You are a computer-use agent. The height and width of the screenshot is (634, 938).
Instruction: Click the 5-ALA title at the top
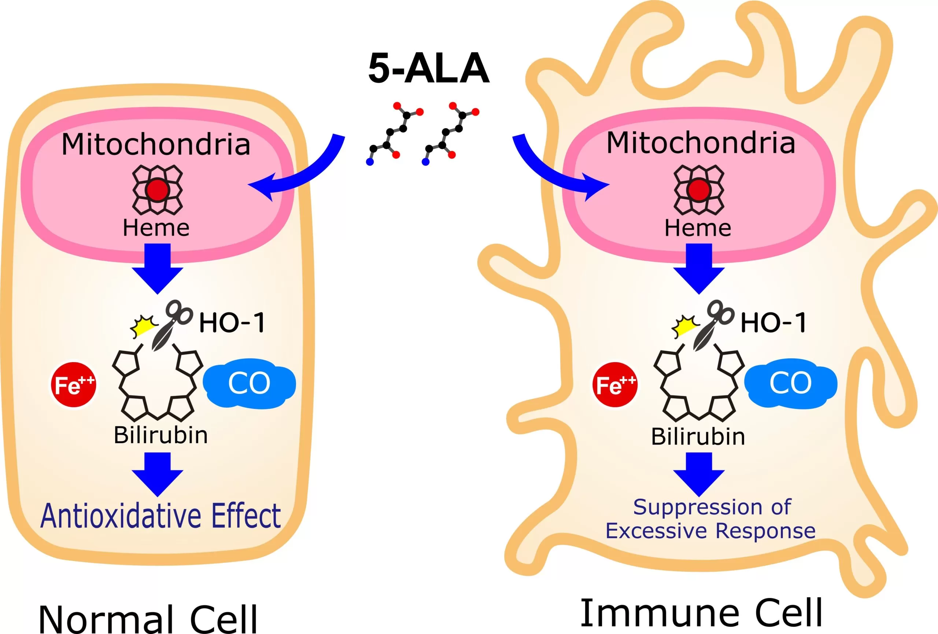point(429,69)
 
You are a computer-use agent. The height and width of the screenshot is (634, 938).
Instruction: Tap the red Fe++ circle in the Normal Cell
point(73,384)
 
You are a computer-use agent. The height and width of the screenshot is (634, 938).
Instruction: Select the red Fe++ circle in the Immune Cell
point(615,384)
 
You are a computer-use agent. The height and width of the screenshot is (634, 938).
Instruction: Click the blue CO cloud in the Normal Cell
point(249,383)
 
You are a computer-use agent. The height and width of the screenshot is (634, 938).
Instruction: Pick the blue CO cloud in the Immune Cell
point(790,383)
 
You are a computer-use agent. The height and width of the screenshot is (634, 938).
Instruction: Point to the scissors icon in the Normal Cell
point(172,324)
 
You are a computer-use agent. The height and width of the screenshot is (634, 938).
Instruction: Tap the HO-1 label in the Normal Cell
point(232,323)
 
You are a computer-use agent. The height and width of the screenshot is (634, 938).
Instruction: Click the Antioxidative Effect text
point(160,516)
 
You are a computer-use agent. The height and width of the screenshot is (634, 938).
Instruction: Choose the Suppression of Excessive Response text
point(710,519)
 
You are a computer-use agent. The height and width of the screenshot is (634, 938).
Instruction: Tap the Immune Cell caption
point(701,613)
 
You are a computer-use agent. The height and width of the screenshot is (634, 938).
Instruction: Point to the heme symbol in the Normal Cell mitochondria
point(158,190)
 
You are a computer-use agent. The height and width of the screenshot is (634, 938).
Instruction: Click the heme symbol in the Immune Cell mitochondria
point(699,190)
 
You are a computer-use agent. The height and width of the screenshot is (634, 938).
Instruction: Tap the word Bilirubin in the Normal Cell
point(160,435)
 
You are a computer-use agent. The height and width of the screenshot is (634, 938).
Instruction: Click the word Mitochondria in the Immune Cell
point(701,143)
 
